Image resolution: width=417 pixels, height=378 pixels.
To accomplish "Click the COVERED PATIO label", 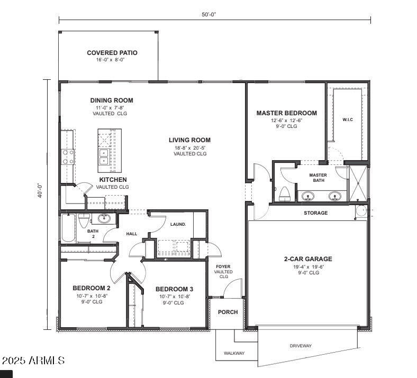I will [x=112, y=53].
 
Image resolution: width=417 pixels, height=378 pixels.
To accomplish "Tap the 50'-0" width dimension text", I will [x=209, y=14].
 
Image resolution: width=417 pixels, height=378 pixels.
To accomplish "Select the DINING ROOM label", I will [x=111, y=100].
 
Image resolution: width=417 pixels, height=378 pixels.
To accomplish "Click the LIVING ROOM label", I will [x=189, y=140].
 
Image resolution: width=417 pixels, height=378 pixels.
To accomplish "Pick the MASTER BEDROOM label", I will [x=286, y=113].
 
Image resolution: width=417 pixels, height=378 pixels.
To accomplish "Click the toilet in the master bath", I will [x=285, y=193].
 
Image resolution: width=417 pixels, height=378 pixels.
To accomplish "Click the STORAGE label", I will [x=315, y=213].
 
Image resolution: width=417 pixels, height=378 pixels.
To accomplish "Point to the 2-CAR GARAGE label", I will [x=308, y=259].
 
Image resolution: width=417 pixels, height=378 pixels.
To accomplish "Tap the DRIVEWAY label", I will [x=300, y=346].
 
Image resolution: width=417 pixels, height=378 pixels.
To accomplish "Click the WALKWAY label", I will [x=234, y=353].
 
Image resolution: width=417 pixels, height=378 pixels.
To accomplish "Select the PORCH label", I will [x=228, y=312].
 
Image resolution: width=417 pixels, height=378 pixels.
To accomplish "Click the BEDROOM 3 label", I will [x=174, y=289].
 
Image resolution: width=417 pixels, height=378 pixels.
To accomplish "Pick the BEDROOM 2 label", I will [x=91, y=288].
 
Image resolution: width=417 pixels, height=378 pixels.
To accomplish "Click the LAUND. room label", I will [x=178, y=224].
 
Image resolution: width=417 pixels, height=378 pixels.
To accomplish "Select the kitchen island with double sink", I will [x=110, y=151].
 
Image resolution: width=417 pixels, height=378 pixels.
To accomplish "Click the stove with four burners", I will [x=68, y=156].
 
